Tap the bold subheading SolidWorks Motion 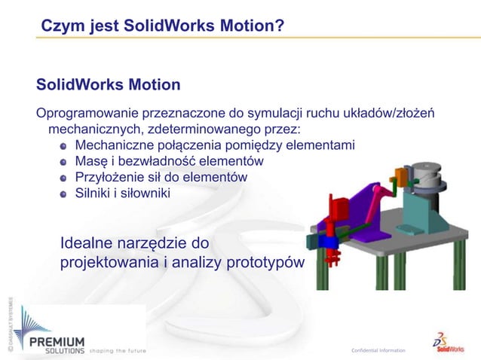pos(103,83)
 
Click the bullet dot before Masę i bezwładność pos(65,162)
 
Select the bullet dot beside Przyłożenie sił pos(65,178)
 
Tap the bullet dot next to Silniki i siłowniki pos(65,194)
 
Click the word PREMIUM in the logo pos(57,340)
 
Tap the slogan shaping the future pos(118,350)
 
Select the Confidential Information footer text pos(378,350)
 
